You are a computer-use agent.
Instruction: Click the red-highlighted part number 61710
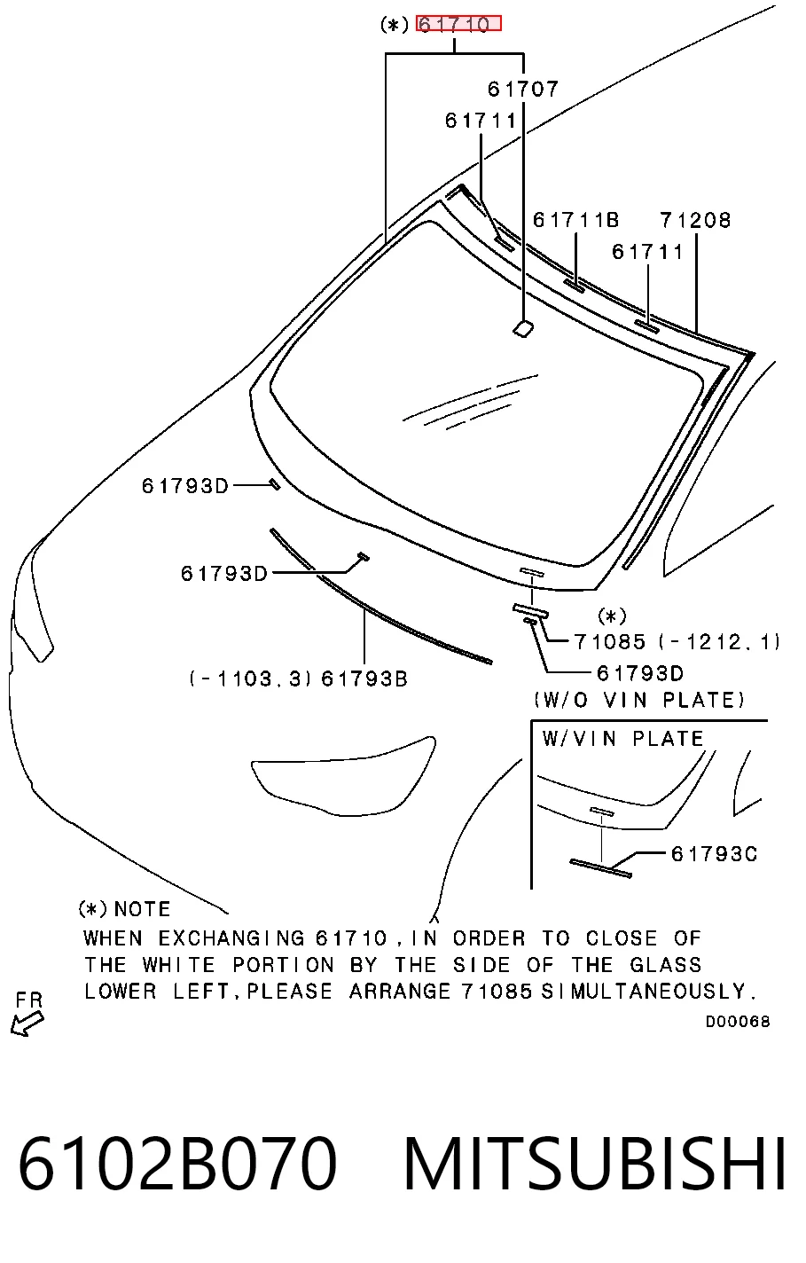(458, 24)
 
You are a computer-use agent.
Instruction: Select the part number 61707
(522, 89)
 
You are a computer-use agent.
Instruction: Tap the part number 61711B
(575, 220)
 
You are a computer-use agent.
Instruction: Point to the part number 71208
(695, 220)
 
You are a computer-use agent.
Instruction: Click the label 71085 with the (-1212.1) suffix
(677, 641)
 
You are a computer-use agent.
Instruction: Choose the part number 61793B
(364, 679)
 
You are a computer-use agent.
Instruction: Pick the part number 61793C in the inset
(714, 854)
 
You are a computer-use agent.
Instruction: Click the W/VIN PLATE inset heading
(622, 739)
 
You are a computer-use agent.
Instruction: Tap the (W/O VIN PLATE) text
(639, 701)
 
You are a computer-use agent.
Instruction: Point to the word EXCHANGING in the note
(231, 938)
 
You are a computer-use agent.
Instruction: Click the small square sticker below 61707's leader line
(524, 328)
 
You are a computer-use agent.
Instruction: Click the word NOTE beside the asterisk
(142, 909)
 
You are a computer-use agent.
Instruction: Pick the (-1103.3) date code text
(251, 679)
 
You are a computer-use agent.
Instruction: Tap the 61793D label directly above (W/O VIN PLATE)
(640, 673)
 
